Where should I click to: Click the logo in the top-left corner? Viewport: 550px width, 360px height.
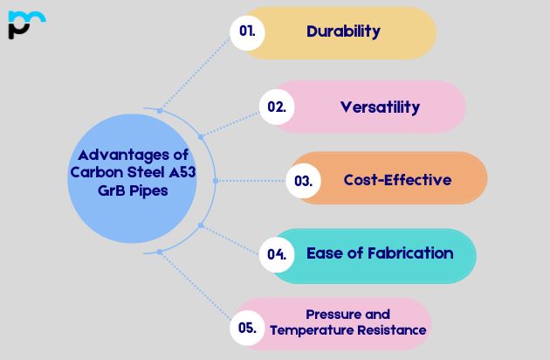[26, 24]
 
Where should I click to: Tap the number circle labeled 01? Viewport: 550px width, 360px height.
[247, 31]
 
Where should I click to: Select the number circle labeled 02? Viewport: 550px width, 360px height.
[277, 107]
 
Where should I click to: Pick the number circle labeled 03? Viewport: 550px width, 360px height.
[304, 181]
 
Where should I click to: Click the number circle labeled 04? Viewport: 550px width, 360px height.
[277, 255]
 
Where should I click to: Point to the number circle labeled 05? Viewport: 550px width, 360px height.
[247, 329]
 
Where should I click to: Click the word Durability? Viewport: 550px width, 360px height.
[343, 31]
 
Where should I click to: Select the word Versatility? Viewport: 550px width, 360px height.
[380, 107]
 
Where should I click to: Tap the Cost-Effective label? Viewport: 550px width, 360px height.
[397, 180]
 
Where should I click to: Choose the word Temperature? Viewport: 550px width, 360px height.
[312, 330]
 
